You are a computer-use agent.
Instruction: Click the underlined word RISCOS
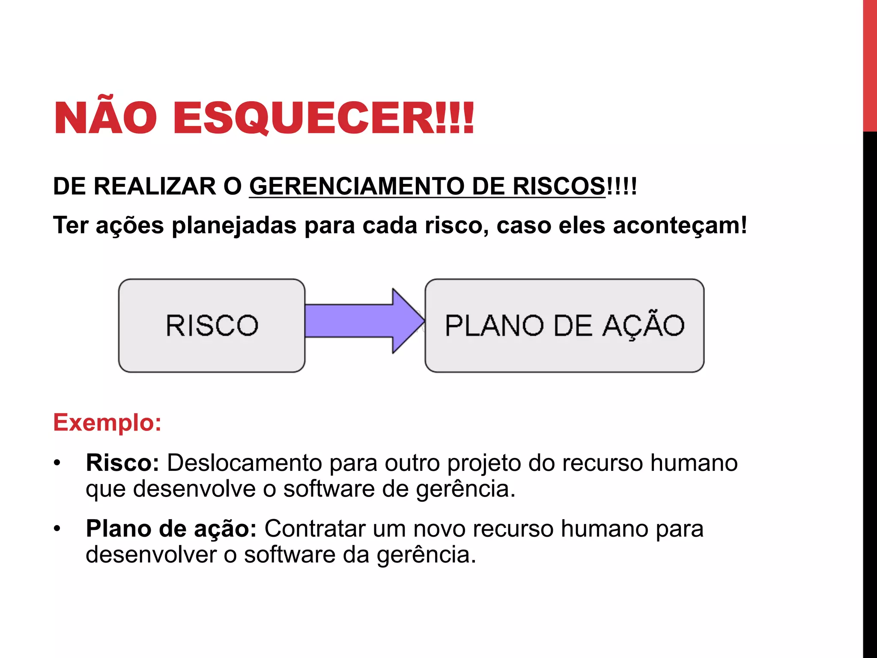click(559, 186)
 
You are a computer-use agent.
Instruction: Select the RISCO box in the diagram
click(212, 326)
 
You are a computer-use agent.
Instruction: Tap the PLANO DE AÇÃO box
click(564, 326)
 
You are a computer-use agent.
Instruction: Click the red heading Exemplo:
click(107, 423)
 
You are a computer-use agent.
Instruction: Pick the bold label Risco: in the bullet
click(122, 463)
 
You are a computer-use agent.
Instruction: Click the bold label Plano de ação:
click(171, 529)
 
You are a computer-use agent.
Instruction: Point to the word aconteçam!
click(680, 226)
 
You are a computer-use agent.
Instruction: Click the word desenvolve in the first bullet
click(194, 489)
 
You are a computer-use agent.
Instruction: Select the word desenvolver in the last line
click(151, 555)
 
